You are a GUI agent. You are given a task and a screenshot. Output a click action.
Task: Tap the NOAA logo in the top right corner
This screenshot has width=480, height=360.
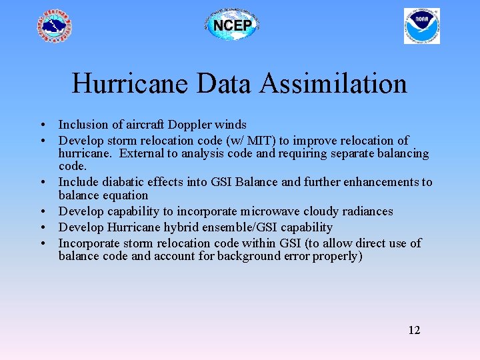421,26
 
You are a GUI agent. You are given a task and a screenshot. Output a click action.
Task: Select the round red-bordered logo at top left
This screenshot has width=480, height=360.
55,27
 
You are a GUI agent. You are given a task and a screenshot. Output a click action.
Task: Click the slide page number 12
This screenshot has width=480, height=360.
414,330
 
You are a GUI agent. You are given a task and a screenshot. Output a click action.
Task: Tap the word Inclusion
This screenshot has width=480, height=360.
83,125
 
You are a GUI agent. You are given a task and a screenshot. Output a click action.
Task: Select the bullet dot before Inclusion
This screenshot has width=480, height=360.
42,125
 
